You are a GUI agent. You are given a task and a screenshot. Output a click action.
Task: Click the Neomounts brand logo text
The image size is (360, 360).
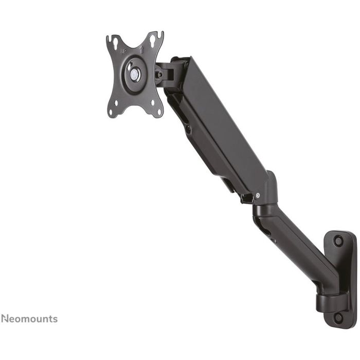(x=29, y=319)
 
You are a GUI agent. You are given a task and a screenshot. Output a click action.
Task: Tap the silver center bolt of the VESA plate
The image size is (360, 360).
(x=135, y=74)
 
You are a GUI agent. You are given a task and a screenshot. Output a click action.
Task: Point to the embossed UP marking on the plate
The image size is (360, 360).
(x=123, y=52)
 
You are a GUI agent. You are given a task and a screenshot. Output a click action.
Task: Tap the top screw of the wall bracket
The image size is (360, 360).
(x=338, y=240)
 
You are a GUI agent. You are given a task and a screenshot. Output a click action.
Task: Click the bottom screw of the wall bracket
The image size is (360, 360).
(x=337, y=317)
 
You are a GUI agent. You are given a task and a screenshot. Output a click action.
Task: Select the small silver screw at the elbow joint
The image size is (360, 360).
(x=257, y=195)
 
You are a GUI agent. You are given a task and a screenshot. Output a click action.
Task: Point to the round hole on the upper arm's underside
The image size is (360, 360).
(x=188, y=130)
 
